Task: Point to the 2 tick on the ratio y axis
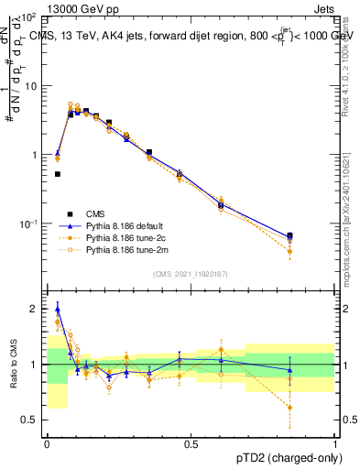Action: [37, 310]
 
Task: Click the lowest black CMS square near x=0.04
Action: [58, 173]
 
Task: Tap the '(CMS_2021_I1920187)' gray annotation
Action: [191, 275]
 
